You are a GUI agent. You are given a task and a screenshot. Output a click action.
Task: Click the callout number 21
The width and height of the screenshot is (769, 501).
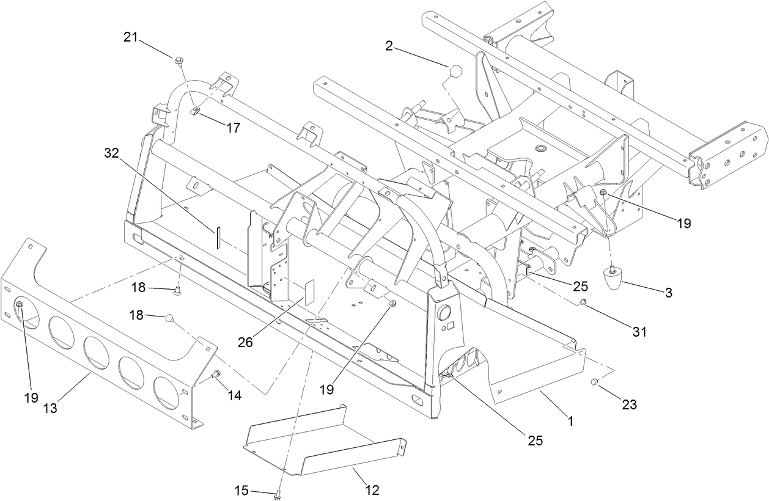coord(130,37)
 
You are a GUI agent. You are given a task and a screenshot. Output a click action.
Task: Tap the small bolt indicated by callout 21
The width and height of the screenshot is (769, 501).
coord(178,60)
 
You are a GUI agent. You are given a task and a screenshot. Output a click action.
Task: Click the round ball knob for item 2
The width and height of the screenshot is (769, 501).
coord(455,71)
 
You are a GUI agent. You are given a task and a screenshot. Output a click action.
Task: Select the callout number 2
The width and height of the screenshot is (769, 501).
coord(389,45)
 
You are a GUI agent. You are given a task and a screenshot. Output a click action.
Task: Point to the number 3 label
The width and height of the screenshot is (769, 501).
coord(669,293)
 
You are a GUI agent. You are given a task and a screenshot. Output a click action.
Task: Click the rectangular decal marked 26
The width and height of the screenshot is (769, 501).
coord(309,291)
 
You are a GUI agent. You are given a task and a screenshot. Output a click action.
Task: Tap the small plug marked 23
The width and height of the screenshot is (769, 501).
coord(593,382)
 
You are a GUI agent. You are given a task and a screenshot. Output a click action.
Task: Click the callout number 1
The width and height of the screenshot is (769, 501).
coord(570,420)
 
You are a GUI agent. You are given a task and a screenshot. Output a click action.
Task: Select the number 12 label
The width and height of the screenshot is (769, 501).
coord(372,489)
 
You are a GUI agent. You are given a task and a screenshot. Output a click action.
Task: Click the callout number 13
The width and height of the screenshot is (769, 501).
coord(50,408)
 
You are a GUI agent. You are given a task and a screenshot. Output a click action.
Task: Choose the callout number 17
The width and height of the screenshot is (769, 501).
coord(232,128)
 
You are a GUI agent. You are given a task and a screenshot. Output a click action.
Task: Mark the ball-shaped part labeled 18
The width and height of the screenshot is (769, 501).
coord(171,317)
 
